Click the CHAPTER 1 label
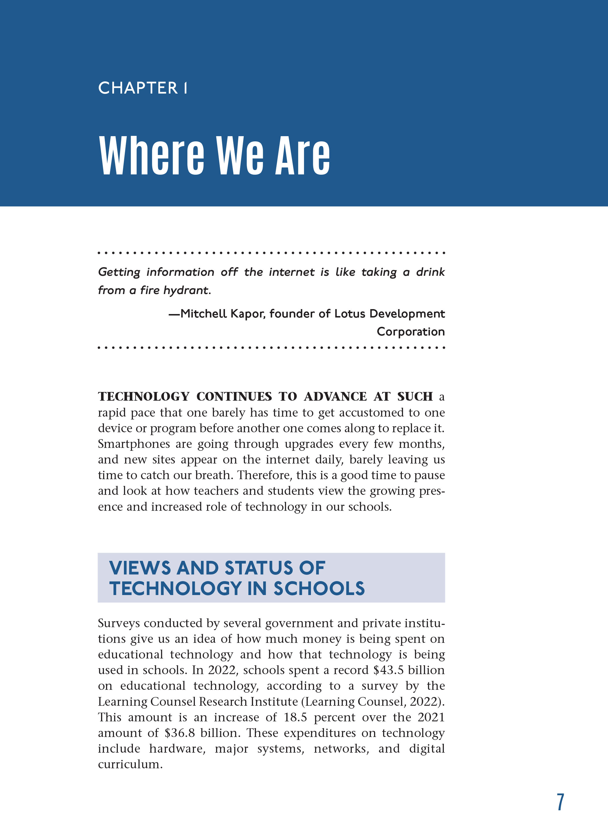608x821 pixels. (x=142, y=88)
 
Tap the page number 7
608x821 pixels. (x=560, y=802)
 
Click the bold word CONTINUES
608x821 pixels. (x=234, y=397)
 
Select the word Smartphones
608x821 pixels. (x=133, y=444)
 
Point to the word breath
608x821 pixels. (x=213, y=475)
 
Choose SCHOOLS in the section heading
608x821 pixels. (x=319, y=588)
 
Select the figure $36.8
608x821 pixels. (x=180, y=733)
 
